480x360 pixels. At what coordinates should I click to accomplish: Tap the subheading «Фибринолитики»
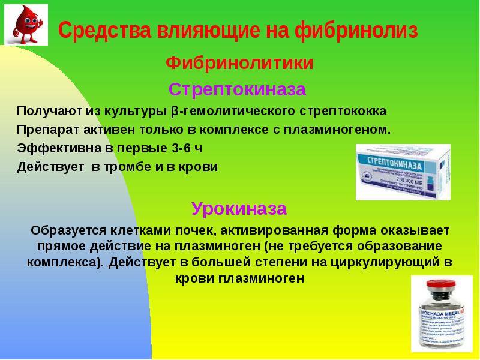coord(239,62)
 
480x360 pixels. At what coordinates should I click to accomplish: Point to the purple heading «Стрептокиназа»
coord(237,89)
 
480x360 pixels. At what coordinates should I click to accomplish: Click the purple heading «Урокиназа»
coord(239,208)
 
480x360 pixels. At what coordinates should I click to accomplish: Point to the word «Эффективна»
coord(52,148)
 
